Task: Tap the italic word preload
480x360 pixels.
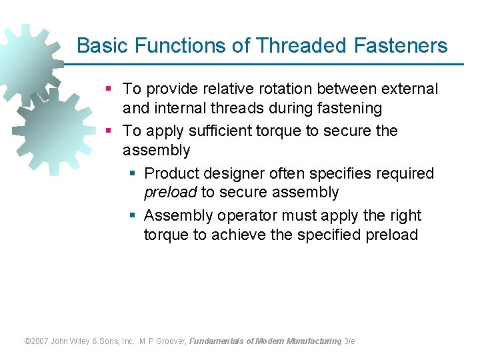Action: [x=170, y=193]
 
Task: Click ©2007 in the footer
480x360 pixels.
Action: [x=38, y=341]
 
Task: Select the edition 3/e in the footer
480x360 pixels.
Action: [x=349, y=341]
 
